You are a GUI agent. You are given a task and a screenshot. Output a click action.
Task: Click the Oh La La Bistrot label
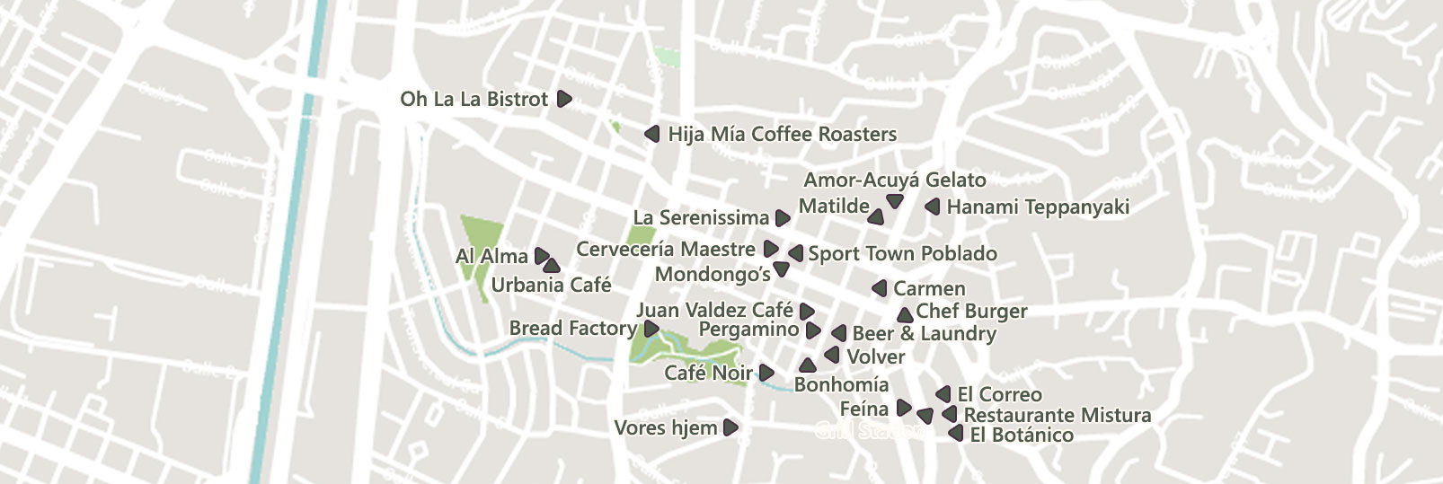474,99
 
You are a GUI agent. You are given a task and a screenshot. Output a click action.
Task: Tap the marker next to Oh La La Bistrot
564,99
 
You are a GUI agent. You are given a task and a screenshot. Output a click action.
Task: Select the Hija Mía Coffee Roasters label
782,135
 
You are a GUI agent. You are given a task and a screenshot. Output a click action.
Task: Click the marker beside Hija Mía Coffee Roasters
652,135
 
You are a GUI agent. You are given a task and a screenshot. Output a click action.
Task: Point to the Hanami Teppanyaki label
1038,207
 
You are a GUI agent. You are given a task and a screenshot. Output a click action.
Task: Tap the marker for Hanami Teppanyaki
933,207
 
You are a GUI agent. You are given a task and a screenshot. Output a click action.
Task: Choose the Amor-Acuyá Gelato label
894,180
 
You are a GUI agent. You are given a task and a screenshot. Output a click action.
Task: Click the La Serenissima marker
783,218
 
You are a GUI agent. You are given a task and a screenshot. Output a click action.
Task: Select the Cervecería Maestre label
666,249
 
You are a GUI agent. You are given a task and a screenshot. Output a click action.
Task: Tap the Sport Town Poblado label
902,254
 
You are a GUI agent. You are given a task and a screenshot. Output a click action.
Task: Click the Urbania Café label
551,286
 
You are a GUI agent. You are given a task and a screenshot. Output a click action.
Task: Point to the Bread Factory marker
651,330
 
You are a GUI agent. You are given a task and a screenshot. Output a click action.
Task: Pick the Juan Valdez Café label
714,311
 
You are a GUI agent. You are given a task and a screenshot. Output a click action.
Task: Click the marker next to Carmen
880,288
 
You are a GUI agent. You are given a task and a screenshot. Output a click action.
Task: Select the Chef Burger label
971,312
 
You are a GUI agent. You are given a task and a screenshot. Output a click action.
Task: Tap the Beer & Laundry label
924,334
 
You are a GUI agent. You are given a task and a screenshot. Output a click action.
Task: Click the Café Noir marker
766,373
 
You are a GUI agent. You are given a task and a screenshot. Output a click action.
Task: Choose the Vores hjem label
665,428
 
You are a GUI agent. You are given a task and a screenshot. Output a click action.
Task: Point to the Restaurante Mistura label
1057,416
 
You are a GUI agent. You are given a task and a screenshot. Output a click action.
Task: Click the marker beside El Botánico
956,435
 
